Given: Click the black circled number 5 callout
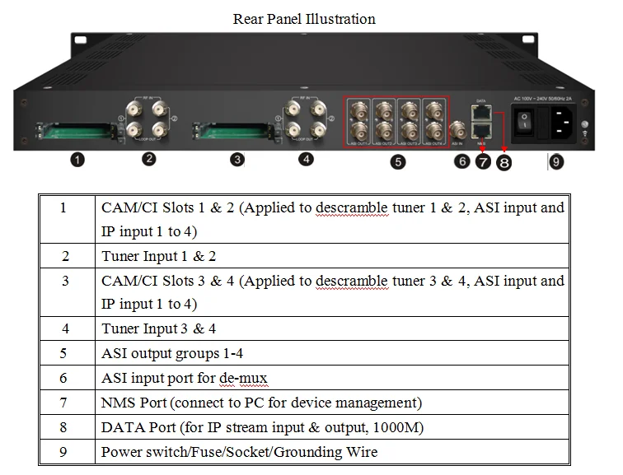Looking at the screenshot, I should click(398, 162).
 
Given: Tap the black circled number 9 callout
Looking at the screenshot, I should click(556, 162).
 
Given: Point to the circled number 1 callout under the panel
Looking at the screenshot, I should click(77, 160).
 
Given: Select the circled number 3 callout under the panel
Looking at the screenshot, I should click(237, 159).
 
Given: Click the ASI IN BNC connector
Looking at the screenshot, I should click(458, 129).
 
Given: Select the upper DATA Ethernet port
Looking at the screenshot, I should click(481, 111).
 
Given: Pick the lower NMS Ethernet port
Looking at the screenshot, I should click(481, 129).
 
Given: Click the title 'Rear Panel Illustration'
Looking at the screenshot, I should click(304, 19).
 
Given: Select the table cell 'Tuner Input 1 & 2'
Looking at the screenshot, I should click(159, 256).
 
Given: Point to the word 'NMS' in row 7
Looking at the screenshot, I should click(119, 403).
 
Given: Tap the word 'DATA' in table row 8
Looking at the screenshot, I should click(125, 427).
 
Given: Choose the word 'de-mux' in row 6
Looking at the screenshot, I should click(243, 379).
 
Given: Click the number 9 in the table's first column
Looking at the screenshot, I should click(64, 452).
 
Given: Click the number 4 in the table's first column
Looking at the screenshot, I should click(64, 329).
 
